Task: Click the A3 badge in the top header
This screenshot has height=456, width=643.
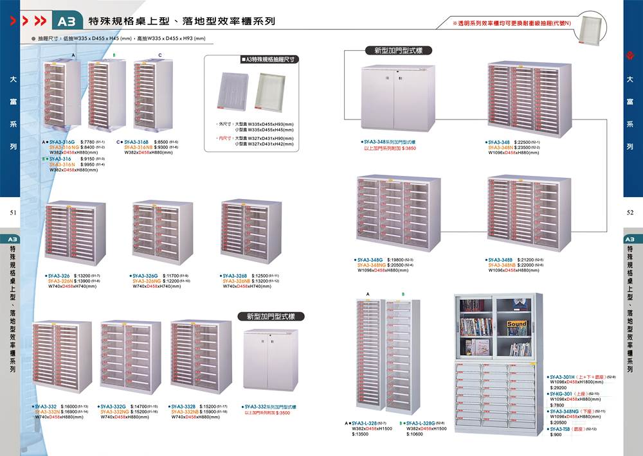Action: [x=66, y=22]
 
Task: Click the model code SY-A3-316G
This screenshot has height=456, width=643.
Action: [x=62, y=141]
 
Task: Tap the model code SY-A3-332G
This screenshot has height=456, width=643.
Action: [x=113, y=407]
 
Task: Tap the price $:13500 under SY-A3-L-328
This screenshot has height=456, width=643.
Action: [x=361, y=434]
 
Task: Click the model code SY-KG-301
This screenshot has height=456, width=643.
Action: [x=562, y=394]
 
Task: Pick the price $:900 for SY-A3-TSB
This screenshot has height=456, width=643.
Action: [x=557, y=435]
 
